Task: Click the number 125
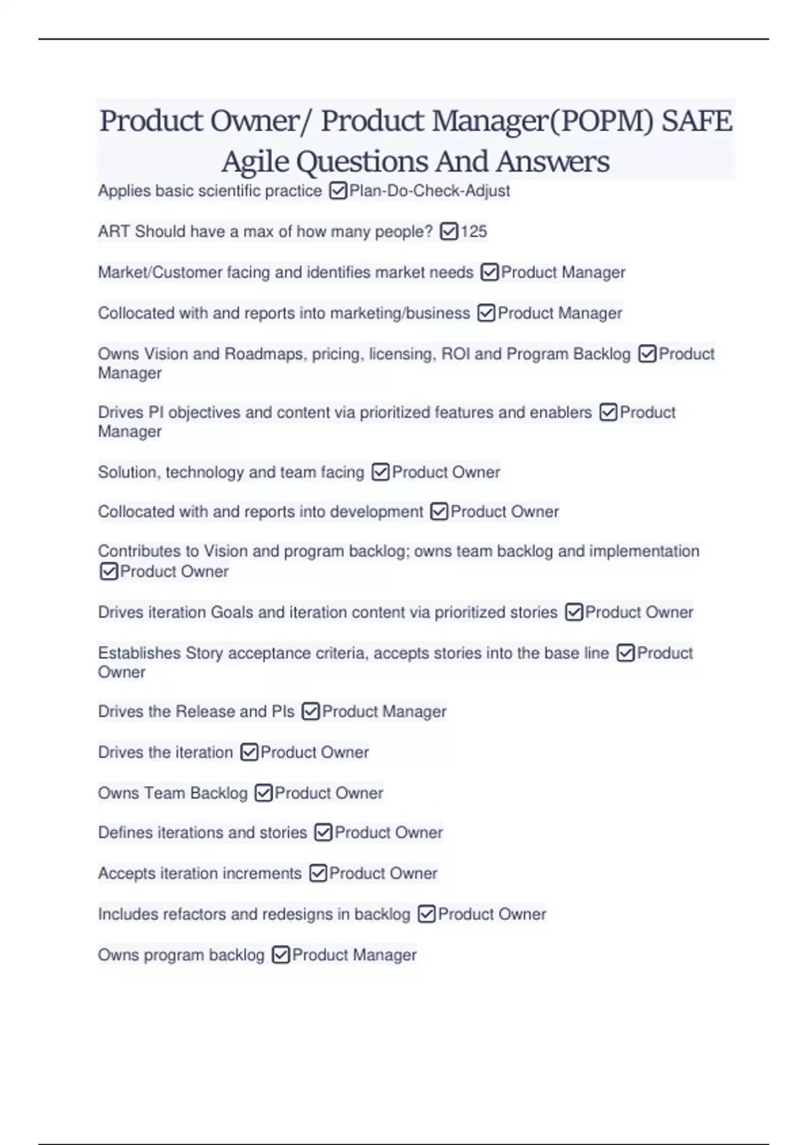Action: coord(473,232)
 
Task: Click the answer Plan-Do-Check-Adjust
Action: coord(429,191)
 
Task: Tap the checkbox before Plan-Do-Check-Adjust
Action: coord(338,191)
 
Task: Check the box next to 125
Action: coord(448,232)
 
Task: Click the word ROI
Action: coord(455,354)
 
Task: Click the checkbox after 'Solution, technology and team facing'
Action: coord(380,472)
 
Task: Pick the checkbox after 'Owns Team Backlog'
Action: coord(263,793)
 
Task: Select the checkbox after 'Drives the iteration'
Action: coord(249,752)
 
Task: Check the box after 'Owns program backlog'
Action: coord(281,955)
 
